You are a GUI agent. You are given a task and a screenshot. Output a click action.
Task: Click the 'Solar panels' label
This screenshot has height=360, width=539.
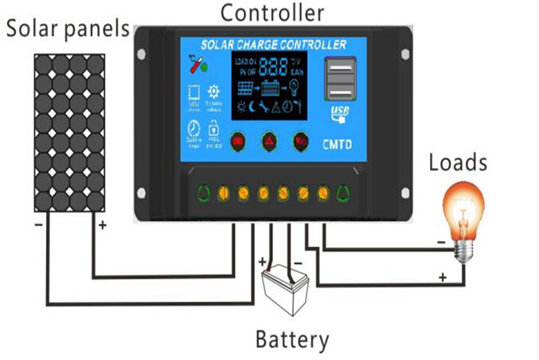point(68,29)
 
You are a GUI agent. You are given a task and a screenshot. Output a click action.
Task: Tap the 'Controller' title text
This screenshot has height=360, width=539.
point(272,13)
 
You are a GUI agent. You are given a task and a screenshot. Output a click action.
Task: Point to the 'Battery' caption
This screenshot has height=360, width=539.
point(291,340)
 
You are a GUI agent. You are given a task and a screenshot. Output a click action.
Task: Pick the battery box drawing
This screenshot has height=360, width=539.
point(286,289)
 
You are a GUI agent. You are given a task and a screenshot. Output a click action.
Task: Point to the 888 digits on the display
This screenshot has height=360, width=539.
point(273,66)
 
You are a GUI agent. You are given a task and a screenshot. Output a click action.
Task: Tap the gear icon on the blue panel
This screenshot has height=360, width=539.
point(213,92)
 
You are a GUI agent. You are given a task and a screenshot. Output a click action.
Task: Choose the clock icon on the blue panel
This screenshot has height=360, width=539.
point(193,128)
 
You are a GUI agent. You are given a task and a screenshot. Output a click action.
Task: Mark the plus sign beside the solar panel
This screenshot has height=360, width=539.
point(102,225)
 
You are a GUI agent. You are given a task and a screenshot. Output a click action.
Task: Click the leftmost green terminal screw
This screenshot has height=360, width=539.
point(203,192)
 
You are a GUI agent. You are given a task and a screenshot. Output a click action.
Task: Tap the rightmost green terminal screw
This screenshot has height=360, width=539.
point(343,192)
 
